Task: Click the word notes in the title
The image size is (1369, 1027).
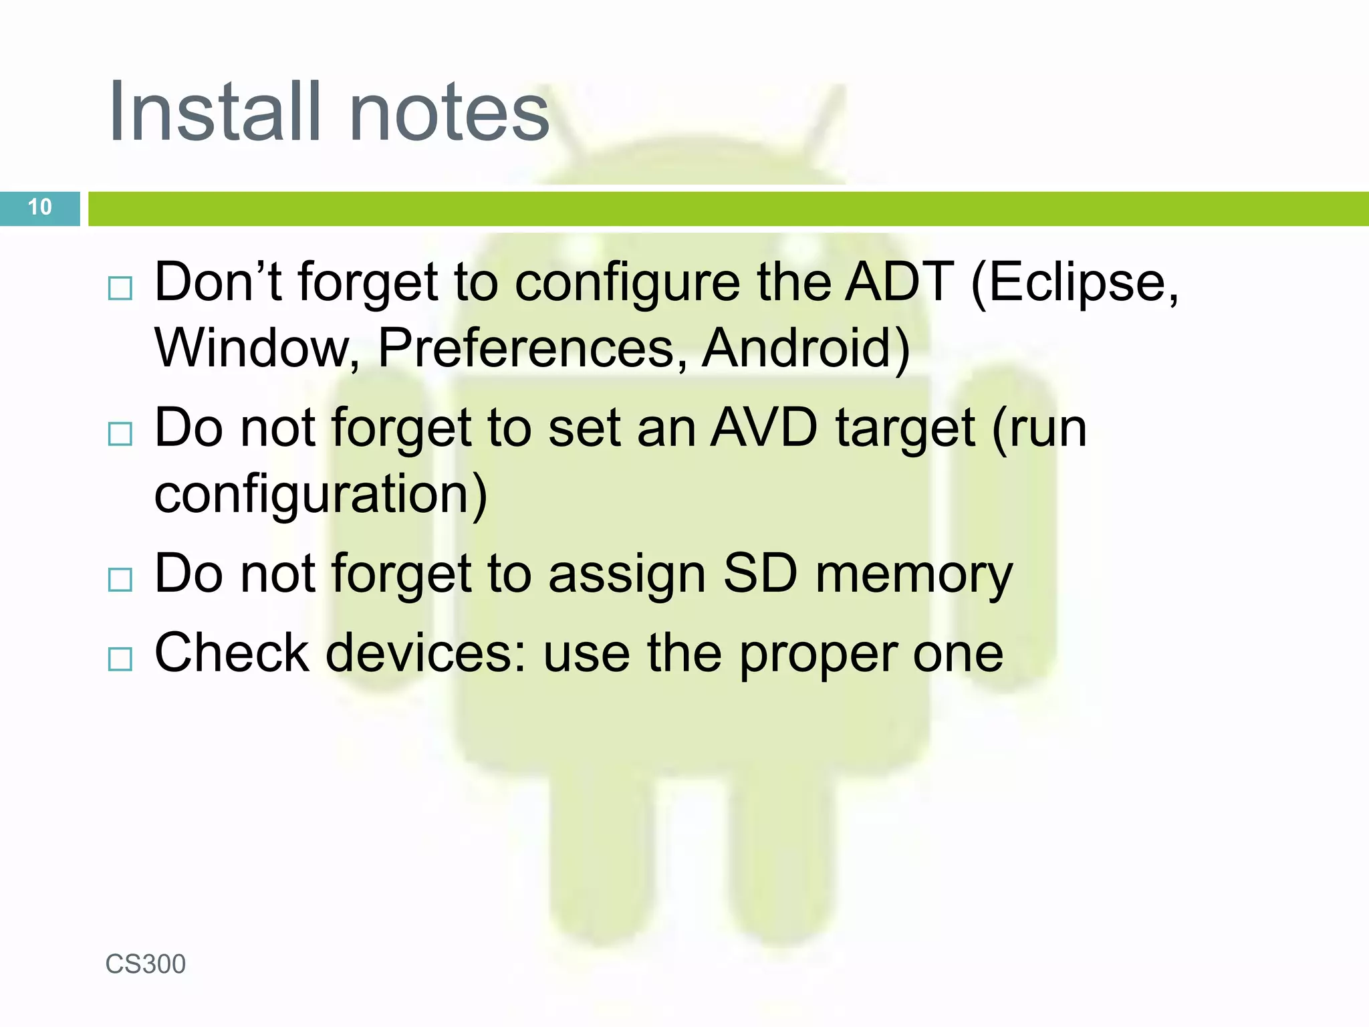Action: [x=449, y=112]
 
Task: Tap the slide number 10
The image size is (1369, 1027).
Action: [x=40, y=207]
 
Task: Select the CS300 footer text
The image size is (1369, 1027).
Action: [x=146, y=964]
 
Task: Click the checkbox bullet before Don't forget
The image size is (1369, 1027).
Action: [x=120, y=289]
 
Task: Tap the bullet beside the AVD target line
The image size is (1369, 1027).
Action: [x=120, y=434]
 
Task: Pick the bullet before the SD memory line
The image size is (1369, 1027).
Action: [x=120, y=580]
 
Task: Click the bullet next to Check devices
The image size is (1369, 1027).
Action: [x=120, y=659]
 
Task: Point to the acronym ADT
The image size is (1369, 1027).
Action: [x=900, y=282]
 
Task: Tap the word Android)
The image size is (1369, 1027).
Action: [x=806, y=348]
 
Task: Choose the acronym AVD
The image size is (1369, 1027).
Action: [x=763, y=428]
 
